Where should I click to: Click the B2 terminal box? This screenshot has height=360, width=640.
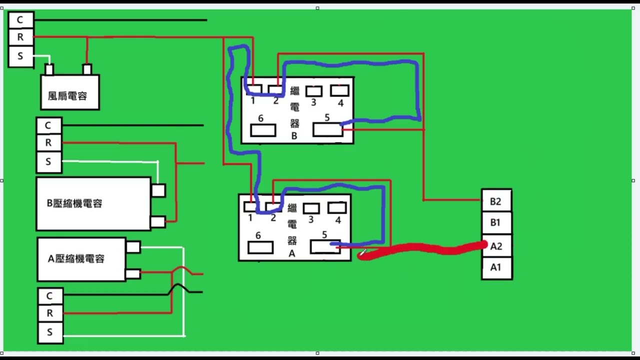click(x=496, y=200)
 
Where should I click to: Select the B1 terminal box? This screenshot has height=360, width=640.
click(x=496, y=223)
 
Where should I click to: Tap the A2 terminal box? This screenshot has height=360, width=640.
click(x=496, y=245)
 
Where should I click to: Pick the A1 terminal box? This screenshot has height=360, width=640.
click(x=496, y=268)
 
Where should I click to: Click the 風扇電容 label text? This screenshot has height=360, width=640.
click(x=67, y=96)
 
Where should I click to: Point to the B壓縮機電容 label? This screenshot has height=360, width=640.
click(x=74, y=203)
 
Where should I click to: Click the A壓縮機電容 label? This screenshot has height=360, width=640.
click(x=76, y=259)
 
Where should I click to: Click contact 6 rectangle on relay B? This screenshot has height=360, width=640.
click(x=263, y=130)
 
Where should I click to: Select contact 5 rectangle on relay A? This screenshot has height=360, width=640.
click(x=325, y=247)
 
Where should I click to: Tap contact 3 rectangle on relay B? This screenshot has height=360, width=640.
click(x=314, y=91)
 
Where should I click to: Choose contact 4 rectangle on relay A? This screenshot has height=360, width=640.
click(x=337, y=207)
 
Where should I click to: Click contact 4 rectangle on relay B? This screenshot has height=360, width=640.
click(x=339, y=90)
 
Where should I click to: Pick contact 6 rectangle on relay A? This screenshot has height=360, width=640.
click(x=260, y=247)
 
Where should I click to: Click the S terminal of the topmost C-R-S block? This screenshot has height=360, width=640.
click(x=21, y=56)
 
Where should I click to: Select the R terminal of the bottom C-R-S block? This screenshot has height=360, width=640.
click(x=50, y=313)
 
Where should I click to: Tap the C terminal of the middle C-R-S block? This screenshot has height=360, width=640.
click(x=48, y=125)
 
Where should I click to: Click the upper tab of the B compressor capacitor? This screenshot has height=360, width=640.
click(x=158, y=190)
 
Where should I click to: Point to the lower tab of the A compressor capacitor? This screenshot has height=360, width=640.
click(x=133, y=274)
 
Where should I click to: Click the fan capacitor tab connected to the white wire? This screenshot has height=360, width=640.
click(x=49, y=69)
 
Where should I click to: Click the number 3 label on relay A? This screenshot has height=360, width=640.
click(x=311, y=219)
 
